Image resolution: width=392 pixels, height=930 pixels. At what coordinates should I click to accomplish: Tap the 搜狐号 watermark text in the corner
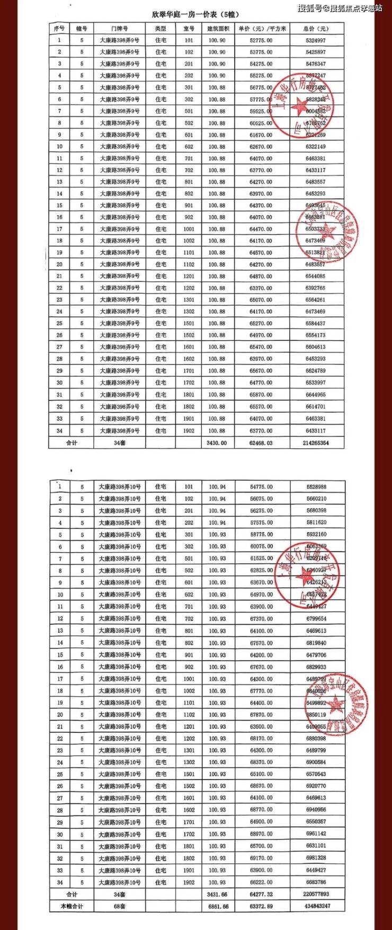[x=339, y=8]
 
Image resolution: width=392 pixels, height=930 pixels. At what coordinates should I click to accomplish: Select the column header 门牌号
[x=120, y=29]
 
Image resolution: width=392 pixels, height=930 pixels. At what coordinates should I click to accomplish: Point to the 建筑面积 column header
[x=217, y=29]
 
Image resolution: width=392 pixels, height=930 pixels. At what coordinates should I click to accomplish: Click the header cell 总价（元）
[x=316, y=29]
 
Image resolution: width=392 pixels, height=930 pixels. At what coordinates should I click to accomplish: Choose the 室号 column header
[x=189, y=29]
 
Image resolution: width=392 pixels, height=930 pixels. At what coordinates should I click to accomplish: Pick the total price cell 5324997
[x=316, y=40]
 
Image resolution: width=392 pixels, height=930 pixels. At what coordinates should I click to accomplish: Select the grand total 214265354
[x=317, y=443]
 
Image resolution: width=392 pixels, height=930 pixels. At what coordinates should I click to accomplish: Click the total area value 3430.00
[x=217, y=443]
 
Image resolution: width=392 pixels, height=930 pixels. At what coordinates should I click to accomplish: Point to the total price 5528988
[x=316, y=487]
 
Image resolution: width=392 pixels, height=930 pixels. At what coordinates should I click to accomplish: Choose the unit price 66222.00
[x=262, y=882]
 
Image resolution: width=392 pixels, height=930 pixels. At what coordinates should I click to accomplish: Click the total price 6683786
[x=316, y=882]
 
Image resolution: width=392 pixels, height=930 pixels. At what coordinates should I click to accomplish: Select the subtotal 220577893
[x=317, y=894]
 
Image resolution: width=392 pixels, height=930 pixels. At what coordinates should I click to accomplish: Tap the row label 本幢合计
[x=72, y=906]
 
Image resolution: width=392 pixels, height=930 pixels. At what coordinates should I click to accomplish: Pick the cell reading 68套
[x=119, y=906]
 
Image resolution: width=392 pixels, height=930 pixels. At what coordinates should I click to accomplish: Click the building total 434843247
[x=317, y=906]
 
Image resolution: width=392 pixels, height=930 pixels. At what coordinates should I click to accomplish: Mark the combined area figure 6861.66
[x=218, y=906]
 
